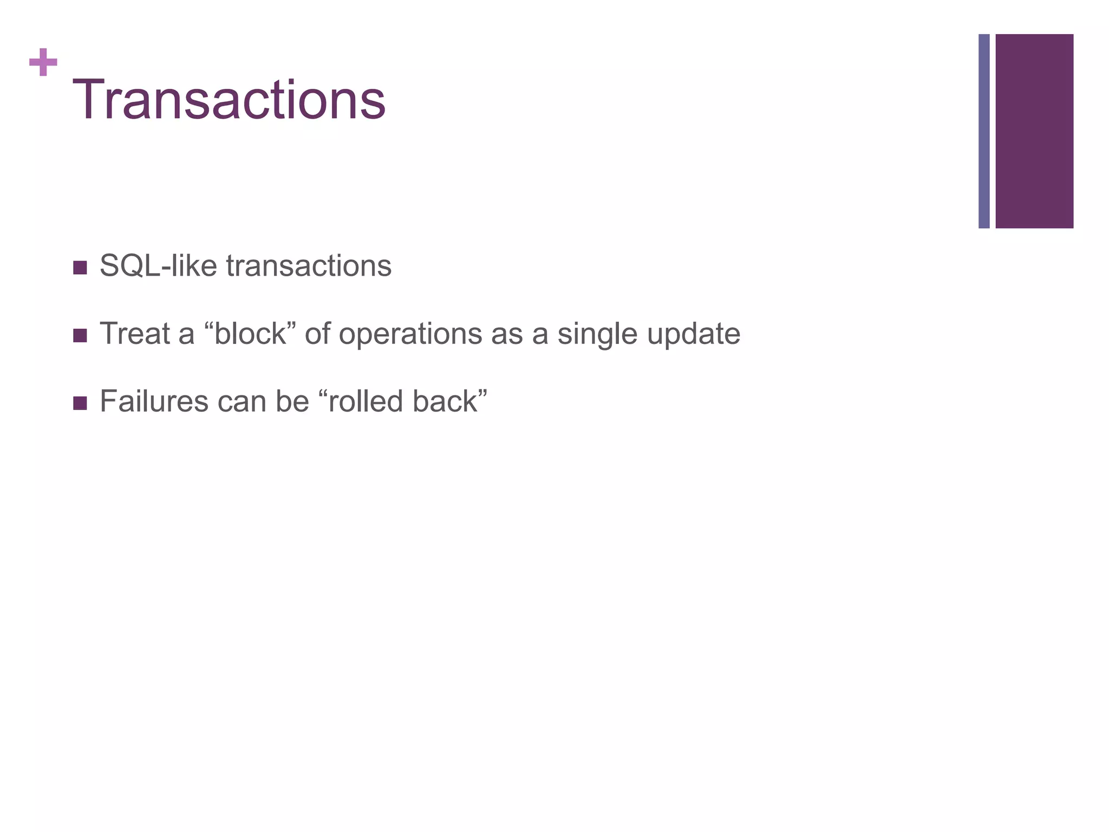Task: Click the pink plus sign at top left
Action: (43, 62)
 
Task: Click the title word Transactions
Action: (229, 100)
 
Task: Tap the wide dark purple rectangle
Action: (1034, 131)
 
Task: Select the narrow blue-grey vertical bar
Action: (983, 131)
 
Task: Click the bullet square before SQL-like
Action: (80, 268)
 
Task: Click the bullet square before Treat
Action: (80, 335)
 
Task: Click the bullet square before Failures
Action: (80, 403)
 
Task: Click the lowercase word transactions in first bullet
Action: (309, 266)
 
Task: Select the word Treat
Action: (135, 334)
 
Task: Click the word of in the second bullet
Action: (317, 334)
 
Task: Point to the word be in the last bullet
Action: (292, 401)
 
